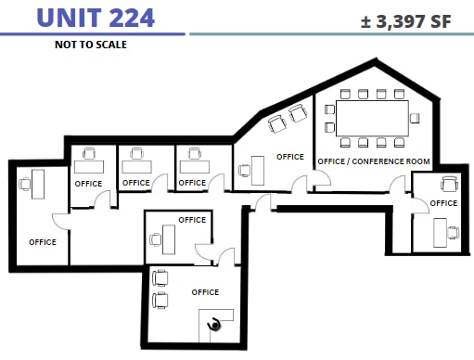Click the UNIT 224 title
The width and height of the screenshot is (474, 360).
(x=95, y=17)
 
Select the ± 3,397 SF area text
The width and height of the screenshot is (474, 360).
(x=406, y=21)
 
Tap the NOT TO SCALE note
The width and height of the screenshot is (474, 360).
(x=91, y=44)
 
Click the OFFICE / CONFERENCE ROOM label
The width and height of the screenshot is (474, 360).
(x=374, y=161)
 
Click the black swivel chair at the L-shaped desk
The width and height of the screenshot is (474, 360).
(x=217, y=325)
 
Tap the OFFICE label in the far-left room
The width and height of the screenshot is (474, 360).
(x=43, y=242)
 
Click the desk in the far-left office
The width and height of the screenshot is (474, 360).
(x=38, y=183)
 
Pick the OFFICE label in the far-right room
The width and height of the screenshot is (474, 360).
(x=443, y=202)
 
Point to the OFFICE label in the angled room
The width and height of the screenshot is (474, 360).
(x=290, y=156)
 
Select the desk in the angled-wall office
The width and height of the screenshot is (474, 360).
(x=258, y=170)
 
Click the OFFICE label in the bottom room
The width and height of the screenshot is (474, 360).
(x=205, y=292)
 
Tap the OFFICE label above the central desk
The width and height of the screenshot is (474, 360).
(x=192, y=220)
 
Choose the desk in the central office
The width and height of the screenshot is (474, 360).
(x=171, y=238)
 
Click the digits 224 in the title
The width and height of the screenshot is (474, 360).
(x=124, y=17)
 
